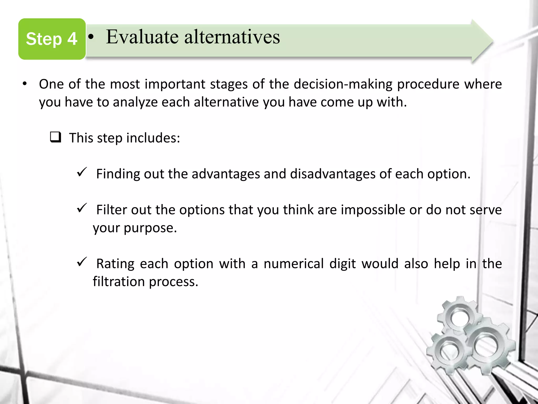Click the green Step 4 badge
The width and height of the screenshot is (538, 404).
[52, 39]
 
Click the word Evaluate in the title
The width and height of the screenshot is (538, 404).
[142, 37]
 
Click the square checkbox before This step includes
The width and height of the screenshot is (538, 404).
[55, 137]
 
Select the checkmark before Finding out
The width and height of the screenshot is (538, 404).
[82, 172]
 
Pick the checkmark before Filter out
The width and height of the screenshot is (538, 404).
[82, 208]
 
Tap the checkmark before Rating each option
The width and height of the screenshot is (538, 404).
[82, 262]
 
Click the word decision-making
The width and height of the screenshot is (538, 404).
[343, 84]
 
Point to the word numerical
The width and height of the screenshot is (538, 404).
[293, 264]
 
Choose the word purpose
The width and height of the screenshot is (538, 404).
[150, 228]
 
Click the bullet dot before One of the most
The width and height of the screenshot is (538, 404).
[25, 84]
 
